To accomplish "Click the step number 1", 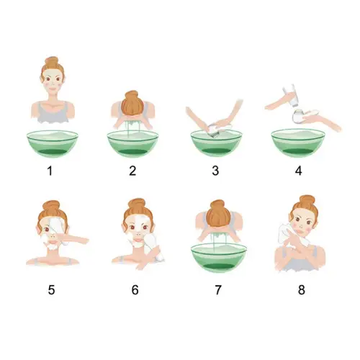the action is click(50, 171).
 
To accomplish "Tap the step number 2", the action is click(132, 171).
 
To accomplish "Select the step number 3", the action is click(215, 171).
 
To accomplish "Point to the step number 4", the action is click(298, 171).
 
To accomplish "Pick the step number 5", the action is click(51, 289).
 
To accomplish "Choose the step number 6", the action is click(135, 289).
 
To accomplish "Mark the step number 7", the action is click(218, 289).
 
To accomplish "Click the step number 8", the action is click(302, 289).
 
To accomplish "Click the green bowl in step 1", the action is click(53, 144).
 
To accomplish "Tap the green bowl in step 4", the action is click(298, 143).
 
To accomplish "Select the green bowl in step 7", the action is click(219, 258).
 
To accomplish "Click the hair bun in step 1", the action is click(52, 61).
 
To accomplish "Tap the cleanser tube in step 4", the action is click(291, 95).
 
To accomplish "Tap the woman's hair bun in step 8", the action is click(307, 200).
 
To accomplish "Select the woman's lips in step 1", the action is click(53, 89).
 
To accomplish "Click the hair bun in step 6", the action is click(136, 204).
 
